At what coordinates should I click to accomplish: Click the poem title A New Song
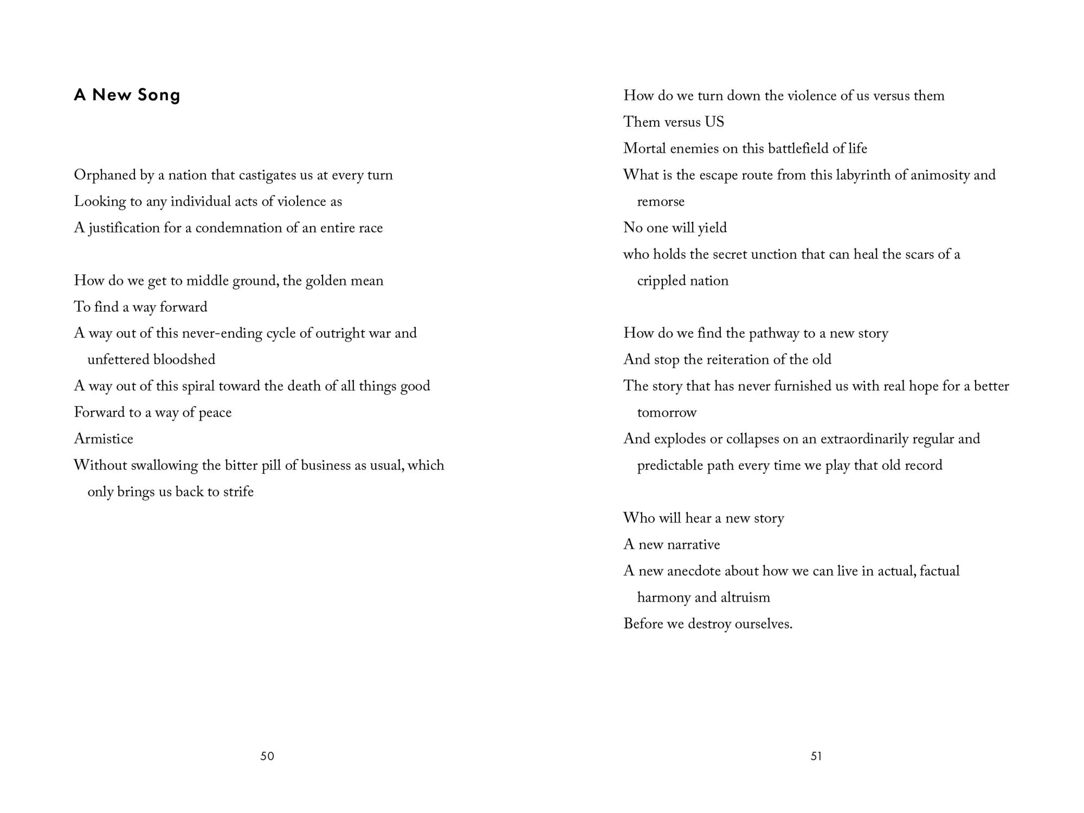(x=127, y=95)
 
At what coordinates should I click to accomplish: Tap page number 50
(x=267, y=756)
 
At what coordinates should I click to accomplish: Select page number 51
(x=816, y=756)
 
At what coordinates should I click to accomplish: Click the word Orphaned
(x=105, y=175)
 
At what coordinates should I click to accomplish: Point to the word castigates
(x=267, y=175)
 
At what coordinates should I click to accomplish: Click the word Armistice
(x=104, y=438)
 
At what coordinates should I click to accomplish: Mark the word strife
(x=238, y=492)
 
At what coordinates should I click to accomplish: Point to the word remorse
(x=661, y=202)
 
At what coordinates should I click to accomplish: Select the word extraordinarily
(x=864, y=438)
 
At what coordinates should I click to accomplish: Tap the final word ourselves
(x=763, y=624)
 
